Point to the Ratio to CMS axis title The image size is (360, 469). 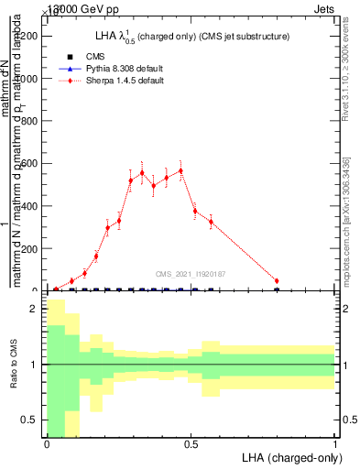pyautogui.click(x=14, y=365)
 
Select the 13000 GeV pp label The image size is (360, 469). pyautogui.click(x=69, y=6)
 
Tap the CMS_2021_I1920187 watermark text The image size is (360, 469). pyautogui.click(x=190, y=274)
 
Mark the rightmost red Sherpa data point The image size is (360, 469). pyautogui.click(x=277, y=281)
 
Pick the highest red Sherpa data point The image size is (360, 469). pyautogui.click(x=180, y=170)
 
